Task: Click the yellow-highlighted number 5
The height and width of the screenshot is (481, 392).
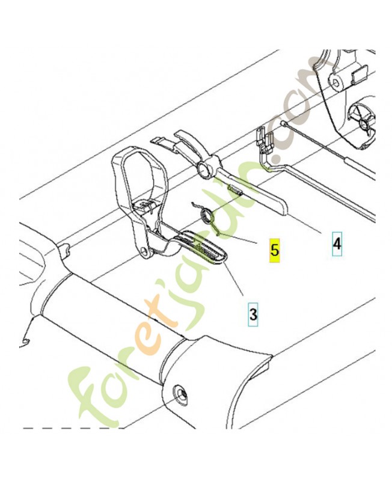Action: pyautogui.click(x=275, y=250)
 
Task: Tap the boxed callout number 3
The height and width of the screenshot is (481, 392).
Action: pyautogui.click(x=253, y=314)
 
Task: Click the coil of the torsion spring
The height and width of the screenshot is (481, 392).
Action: pyautogui.click(x=207, y=215)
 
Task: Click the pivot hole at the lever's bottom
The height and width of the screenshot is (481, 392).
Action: pyautogui.click(x=144, y=251)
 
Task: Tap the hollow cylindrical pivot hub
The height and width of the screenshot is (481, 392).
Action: pyautogui.click(x=204, y=170)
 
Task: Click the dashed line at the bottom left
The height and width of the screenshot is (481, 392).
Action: pyautogui.click(x=73, y=428)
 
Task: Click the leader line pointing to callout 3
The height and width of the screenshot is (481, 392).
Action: pyautogui.click(x=233, y=277)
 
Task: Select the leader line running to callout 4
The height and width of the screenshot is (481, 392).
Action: pyautogui.click(x=304, y=224)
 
